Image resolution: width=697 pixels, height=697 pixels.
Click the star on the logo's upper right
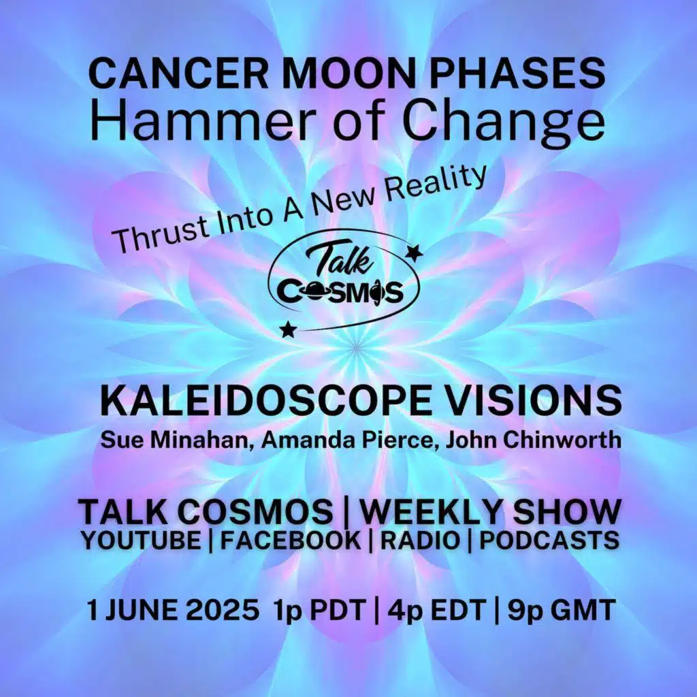tap(414, 254)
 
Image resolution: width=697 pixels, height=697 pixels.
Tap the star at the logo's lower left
tap(289, 329)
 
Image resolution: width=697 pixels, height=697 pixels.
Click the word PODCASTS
tap(549, 540)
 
